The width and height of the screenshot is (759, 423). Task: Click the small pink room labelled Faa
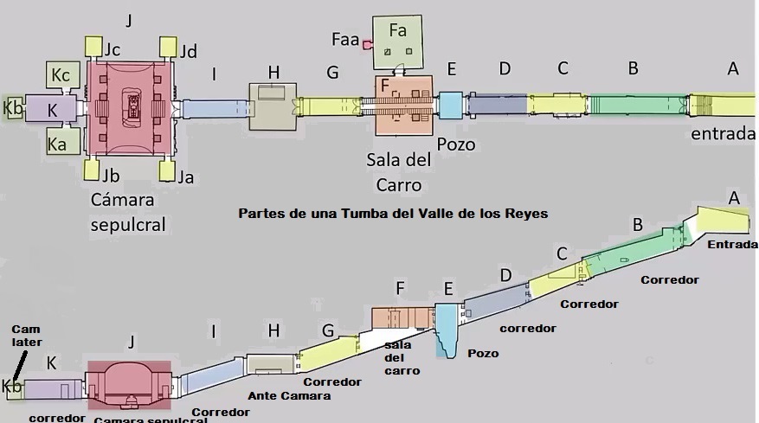pos(368,43)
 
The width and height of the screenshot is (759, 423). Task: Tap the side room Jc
pos(94,46)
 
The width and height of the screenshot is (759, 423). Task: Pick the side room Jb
pos(94,168)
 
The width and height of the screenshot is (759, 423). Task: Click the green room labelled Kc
pos(59,75)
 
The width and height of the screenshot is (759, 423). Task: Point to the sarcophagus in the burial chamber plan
pos(134,107)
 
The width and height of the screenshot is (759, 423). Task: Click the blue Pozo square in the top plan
pos(450,105)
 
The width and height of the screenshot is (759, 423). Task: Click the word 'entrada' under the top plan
pos(719,134)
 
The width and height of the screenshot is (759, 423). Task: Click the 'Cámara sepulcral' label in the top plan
pos(128,212)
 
